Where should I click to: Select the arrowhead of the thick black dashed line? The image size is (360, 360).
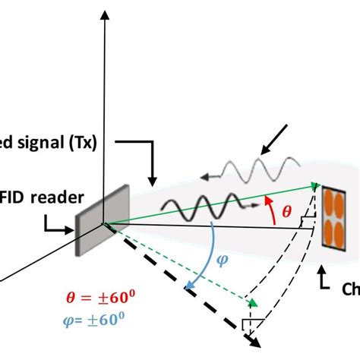pyautogui.click(x=255, y=342)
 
